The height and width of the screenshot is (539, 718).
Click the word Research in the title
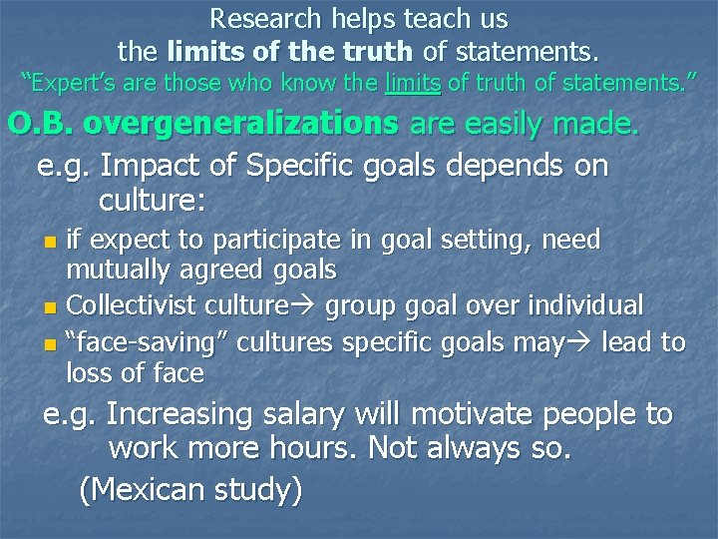[265, 19]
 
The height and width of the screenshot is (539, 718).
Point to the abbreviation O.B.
[40, 125]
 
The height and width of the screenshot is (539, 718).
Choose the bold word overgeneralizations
[239, 125]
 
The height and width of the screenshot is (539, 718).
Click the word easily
[500, 125]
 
